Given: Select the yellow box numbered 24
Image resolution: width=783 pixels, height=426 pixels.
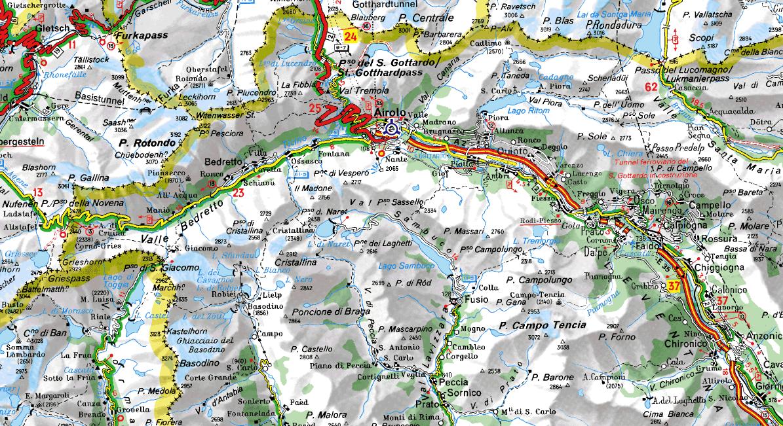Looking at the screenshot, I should tap(351, 37).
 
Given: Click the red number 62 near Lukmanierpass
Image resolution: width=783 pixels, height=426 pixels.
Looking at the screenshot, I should tap(651, 86).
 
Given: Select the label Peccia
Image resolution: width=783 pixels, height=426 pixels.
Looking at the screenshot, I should tap(451, 382).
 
